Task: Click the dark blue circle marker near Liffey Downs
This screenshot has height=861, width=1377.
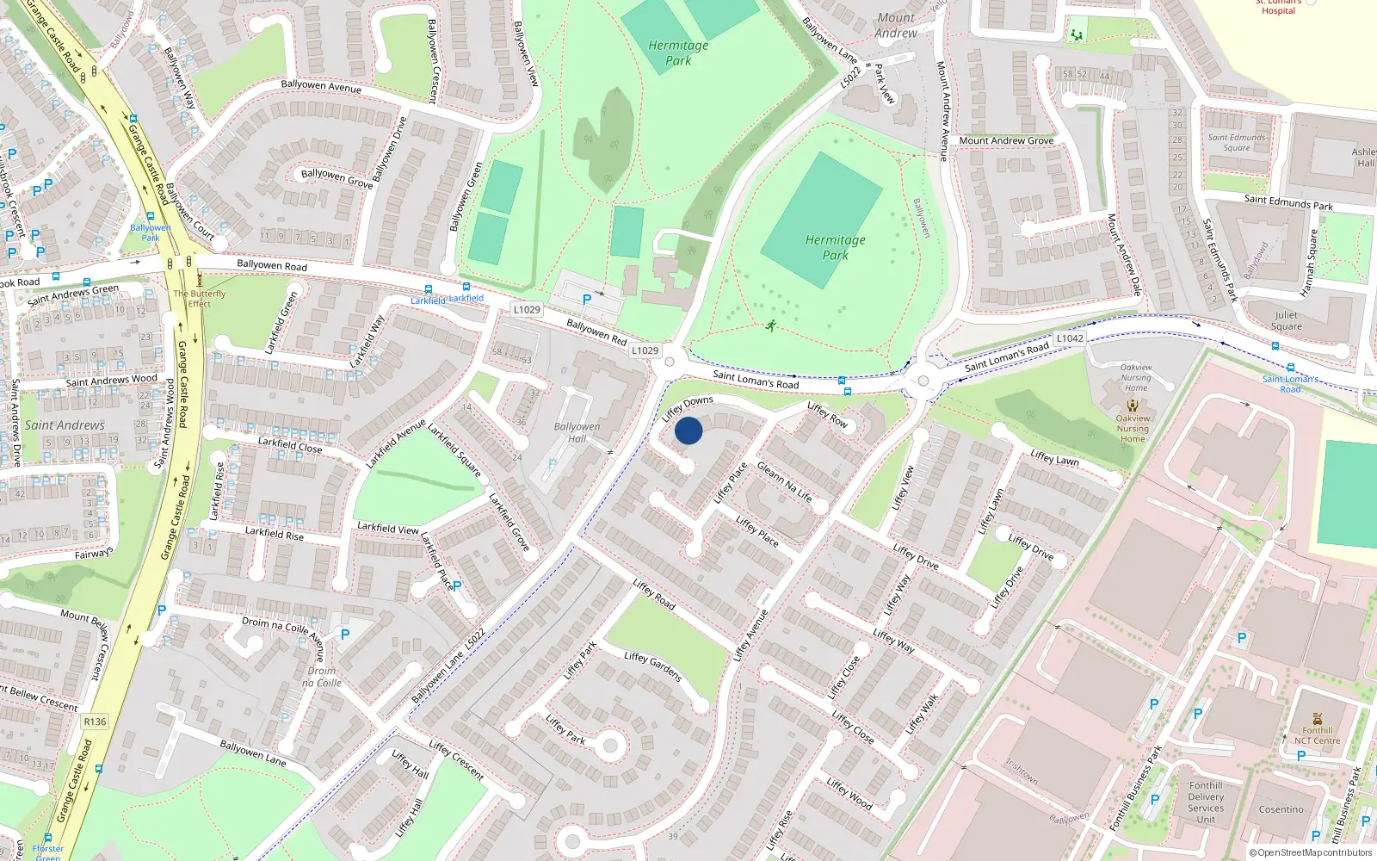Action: point(688,430)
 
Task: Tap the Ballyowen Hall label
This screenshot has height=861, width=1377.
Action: point(577,432)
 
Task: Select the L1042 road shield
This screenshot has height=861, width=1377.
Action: point(1070,338)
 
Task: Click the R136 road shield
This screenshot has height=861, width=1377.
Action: point(95,722)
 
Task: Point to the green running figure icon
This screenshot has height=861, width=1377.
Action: point(771,325)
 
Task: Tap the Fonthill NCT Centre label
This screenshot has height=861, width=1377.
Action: point(1317,735)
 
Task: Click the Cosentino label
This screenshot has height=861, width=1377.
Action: point(1281,809)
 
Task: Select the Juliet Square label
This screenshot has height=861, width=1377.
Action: point(1287,320)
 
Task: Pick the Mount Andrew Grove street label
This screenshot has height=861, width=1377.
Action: point(1006,140)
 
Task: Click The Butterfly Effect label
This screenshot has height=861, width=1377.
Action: point(200,298)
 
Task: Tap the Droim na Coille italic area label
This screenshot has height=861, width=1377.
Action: point(322,677)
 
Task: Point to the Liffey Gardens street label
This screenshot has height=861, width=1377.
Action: point(653,666)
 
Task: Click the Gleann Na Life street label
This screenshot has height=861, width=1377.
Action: point(784,480)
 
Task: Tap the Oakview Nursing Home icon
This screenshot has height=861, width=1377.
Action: point(1133,405)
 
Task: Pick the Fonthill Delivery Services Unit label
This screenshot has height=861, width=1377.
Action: point(1206,802)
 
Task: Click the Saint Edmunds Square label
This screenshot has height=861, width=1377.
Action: point(1237,142)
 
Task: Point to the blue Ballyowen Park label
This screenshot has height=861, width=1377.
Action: point(151,232)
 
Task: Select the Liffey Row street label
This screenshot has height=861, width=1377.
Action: point(827,414)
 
